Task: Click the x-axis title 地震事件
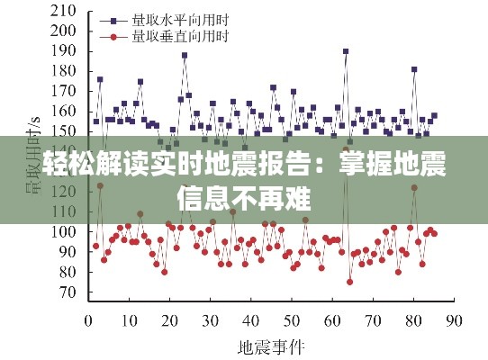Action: point(271,346)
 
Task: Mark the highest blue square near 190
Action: point(346,51)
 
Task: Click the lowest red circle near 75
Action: point(349,282)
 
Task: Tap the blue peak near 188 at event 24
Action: point(185,55)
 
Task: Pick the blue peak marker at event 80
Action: point(414,69)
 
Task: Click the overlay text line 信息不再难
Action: point(243,197)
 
